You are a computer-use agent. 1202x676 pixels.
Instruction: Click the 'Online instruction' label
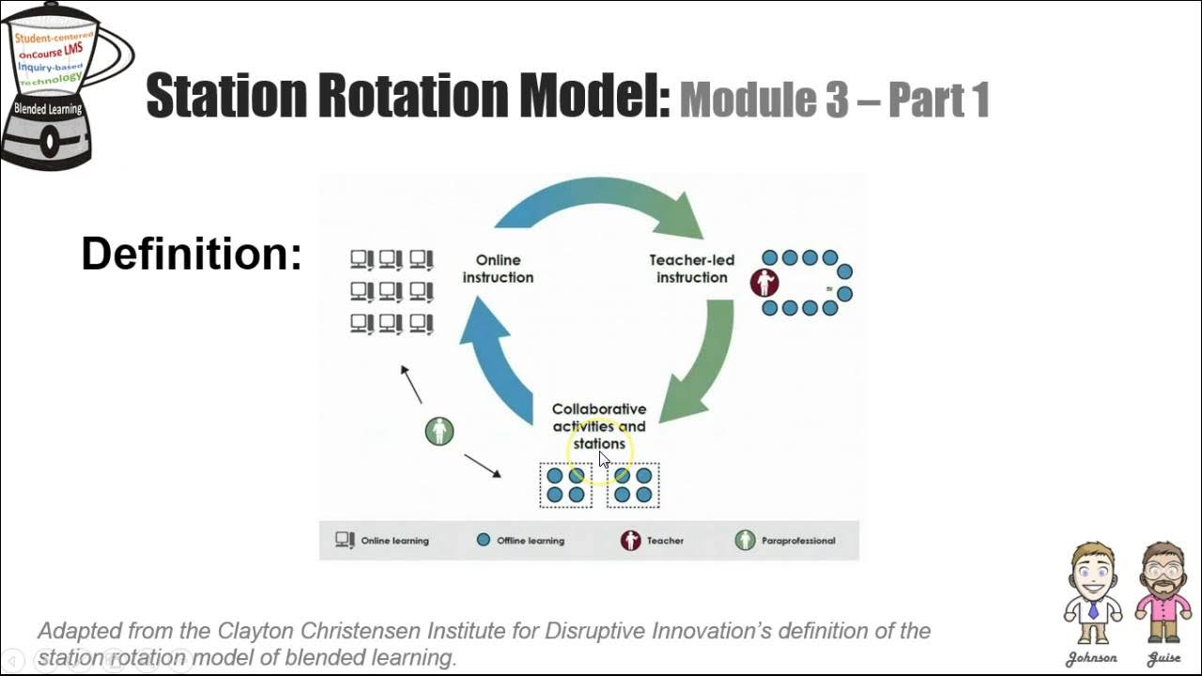498,269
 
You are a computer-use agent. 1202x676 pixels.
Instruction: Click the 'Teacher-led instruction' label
692,269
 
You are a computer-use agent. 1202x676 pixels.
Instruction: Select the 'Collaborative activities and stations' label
599,426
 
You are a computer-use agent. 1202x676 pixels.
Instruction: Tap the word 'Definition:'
192,253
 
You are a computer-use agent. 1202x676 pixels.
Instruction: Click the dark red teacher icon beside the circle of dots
764,283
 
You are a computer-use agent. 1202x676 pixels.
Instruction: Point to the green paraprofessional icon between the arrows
439,431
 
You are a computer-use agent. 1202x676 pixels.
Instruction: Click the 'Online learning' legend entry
383,541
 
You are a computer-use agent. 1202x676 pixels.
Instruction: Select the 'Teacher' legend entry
653,541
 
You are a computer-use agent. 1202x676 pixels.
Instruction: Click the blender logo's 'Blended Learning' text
48,109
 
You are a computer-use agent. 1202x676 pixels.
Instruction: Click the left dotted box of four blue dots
565,485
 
